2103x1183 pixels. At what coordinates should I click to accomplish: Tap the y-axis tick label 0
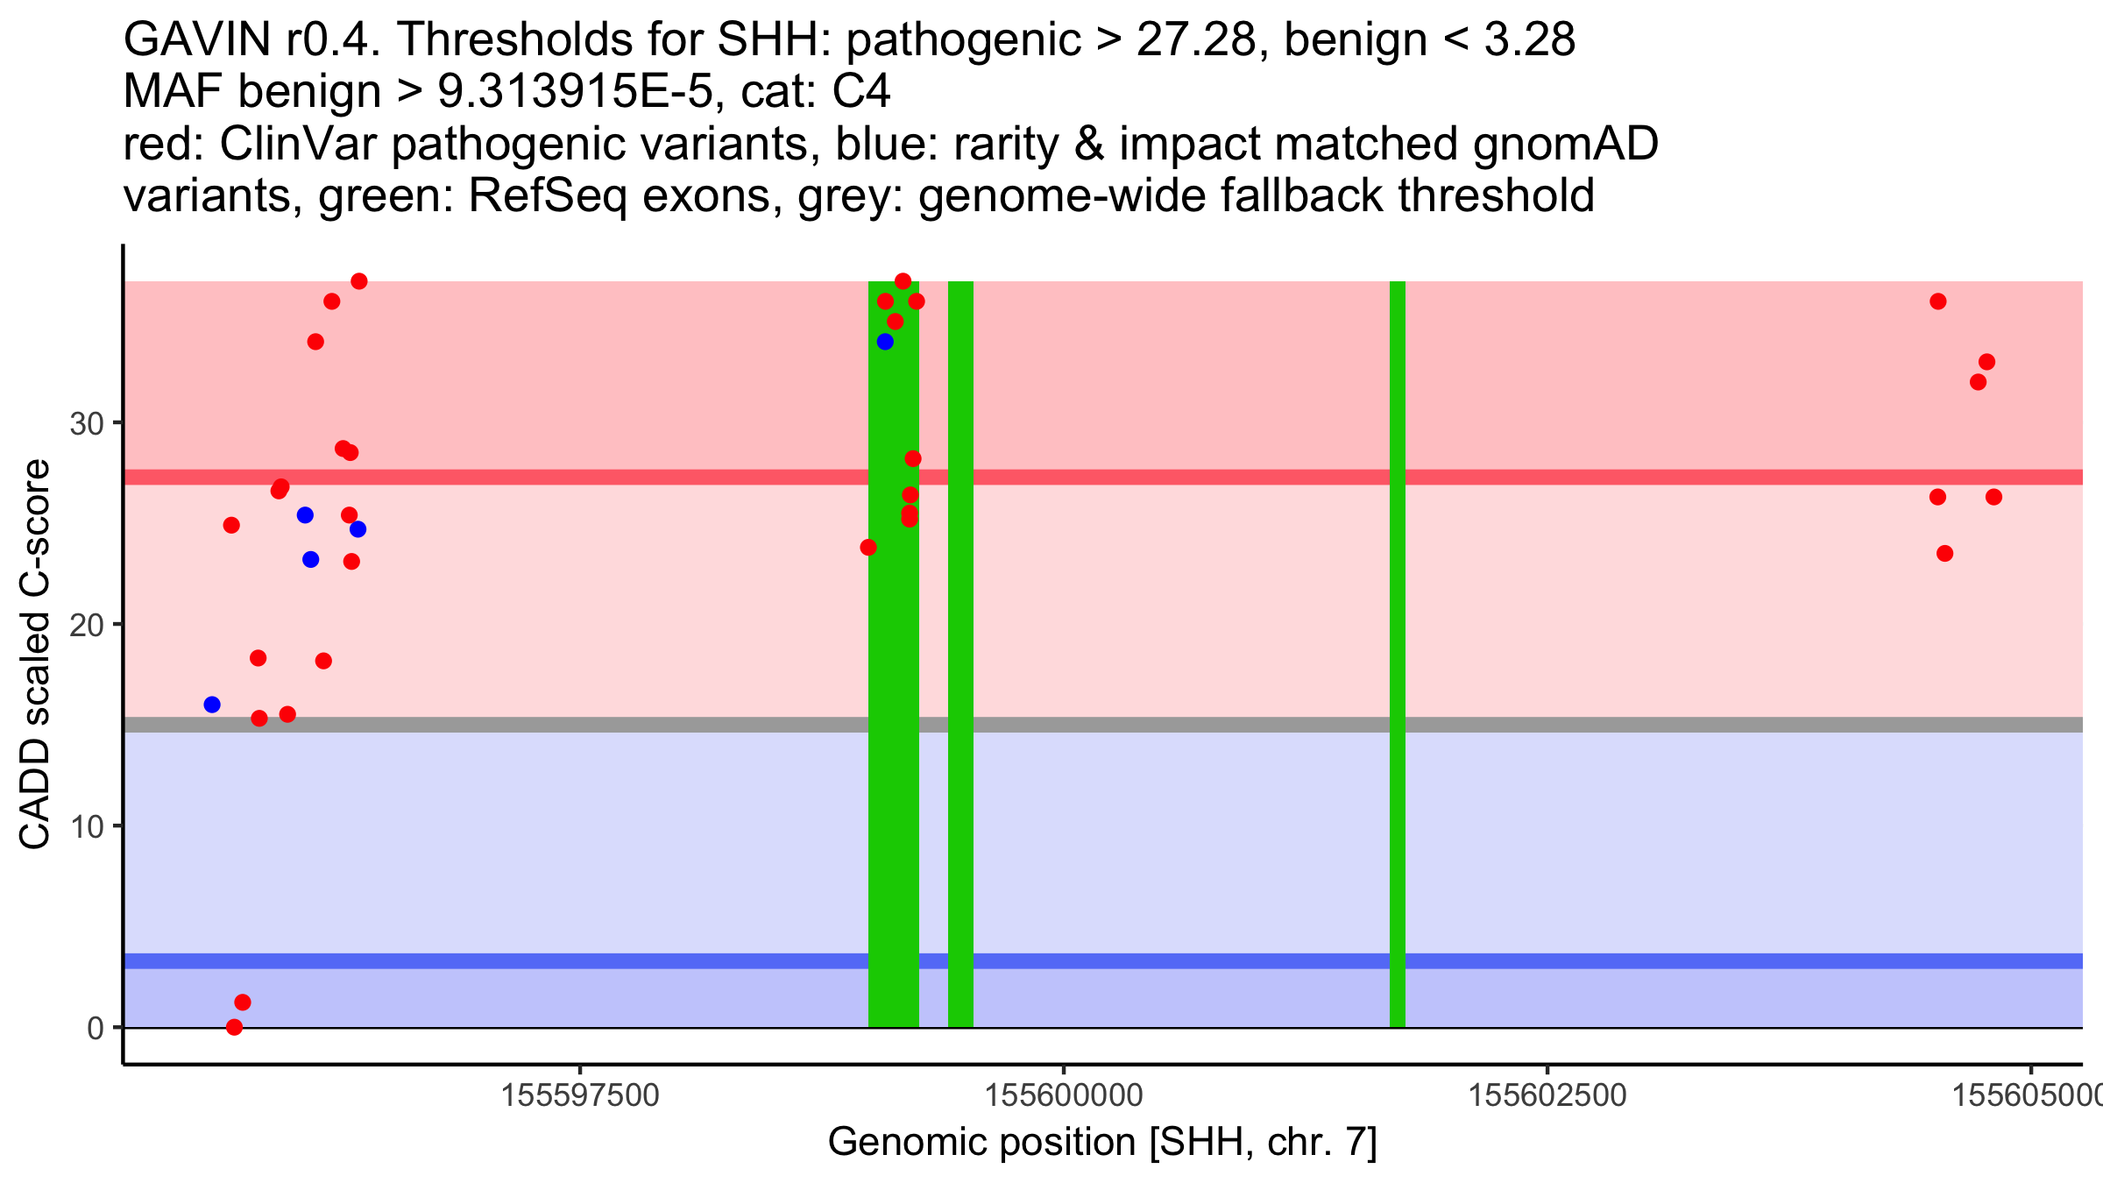point(96,1028)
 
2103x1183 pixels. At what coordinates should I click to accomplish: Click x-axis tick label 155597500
point(581,1095)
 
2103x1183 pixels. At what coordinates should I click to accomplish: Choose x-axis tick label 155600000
point(1064,1095)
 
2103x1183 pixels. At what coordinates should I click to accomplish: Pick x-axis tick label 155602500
point(1547,1095)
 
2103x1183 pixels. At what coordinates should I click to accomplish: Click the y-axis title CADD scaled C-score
point(35,655)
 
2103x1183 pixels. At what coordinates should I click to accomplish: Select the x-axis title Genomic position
point(1102,1143)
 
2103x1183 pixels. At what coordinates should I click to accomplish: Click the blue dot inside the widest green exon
point(885,342)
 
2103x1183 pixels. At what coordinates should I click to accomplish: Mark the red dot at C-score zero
point(234,1027)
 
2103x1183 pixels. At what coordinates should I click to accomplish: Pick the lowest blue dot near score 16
point(212,705)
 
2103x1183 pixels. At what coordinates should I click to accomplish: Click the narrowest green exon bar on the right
point(1398,654)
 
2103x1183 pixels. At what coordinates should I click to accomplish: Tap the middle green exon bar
point(960,654)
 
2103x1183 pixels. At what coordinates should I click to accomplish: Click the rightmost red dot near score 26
point(1993,497)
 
